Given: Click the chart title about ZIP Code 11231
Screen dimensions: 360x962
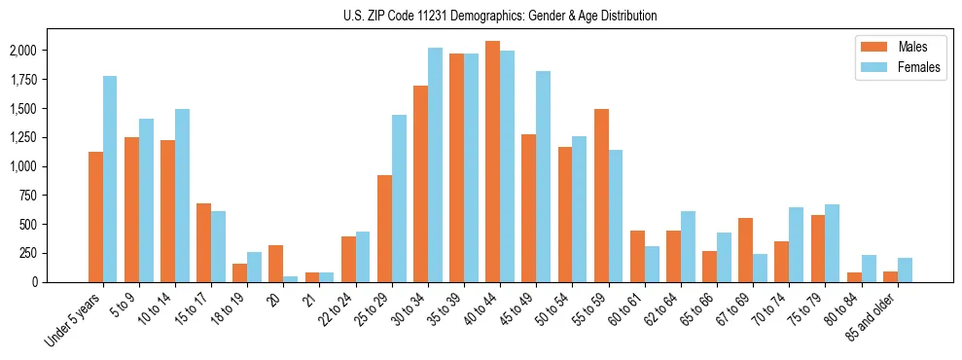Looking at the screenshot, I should [x=500, y=16].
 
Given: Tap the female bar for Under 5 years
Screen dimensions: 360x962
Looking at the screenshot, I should [x=110, y=179].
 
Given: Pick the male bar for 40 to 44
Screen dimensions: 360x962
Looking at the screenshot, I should [x=492, y=162].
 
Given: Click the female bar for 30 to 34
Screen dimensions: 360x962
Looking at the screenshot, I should [x=435, y=165].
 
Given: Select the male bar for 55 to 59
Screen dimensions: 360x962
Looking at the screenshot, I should [x=601, y=196].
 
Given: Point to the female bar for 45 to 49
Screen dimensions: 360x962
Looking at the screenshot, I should [x=543, y=177].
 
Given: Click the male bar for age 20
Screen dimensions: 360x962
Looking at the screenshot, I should [x=276, y=264].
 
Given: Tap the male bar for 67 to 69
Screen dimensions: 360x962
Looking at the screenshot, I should [x=745, y=250].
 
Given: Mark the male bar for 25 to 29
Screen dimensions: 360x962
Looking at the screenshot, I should [x=384, y=229].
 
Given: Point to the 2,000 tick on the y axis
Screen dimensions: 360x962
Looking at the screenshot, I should [x=35, y=51].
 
